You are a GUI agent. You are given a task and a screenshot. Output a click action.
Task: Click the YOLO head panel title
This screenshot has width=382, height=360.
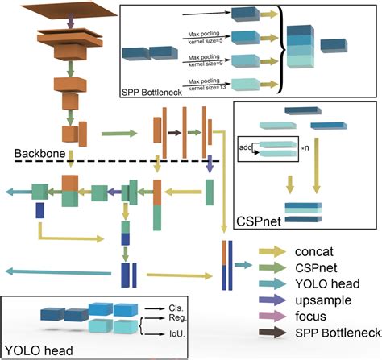[x=36, y=350]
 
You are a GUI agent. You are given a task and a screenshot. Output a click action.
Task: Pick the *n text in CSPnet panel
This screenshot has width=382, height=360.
[x=305, y=148]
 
